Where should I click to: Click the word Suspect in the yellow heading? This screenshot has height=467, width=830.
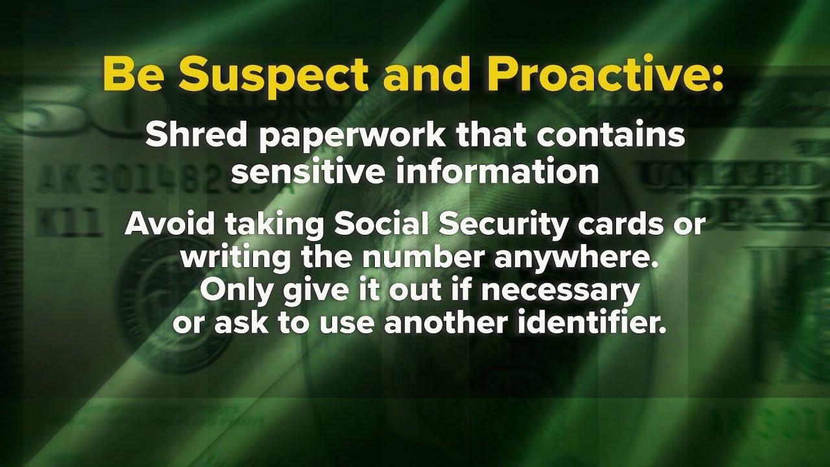click(x=276, y=77)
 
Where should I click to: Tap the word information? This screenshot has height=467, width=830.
click(x=497, y=171)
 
